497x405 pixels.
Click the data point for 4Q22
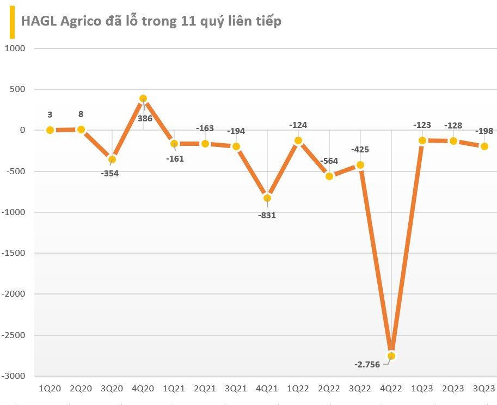391,355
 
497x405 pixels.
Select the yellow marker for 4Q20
143,99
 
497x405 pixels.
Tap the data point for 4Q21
267,198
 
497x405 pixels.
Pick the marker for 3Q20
112,159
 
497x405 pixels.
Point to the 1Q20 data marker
50,130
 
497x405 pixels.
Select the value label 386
144,117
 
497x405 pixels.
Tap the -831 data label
267,215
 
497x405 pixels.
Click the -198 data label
484,131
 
